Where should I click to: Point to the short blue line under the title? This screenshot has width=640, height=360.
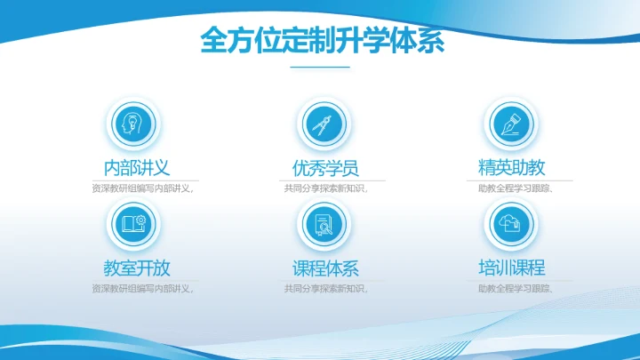(x=320, y=68)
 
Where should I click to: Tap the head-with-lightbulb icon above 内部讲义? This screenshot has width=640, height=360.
(x=132, y=124)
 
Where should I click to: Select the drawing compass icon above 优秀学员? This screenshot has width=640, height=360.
(x=321, y=124)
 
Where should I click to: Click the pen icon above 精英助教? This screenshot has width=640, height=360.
(x=510, y=124)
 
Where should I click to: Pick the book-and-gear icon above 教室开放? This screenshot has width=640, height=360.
(x=132, y=223)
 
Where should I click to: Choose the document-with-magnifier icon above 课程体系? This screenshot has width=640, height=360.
(x=321, y=223)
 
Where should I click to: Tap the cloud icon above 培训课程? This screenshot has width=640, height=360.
(x=510, y=223)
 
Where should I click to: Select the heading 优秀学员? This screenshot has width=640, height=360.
(x=325, y=167)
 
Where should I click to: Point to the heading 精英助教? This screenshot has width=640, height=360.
(x=511, y=167)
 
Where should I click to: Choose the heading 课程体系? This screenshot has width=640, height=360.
(x=325, y=268)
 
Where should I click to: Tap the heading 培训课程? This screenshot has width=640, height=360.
(x=511, y=267)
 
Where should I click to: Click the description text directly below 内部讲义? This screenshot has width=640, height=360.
(x=142, y=188)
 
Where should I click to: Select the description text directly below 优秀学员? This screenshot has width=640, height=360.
(x=325, y=188)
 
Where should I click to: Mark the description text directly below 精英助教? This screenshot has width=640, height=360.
(x=516, y=188)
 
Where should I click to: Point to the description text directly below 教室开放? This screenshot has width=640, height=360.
(x=142, y=289)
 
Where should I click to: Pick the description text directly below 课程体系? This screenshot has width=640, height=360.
(x=325, y=289)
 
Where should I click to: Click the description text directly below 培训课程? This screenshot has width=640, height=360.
(x=516, y=289)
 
